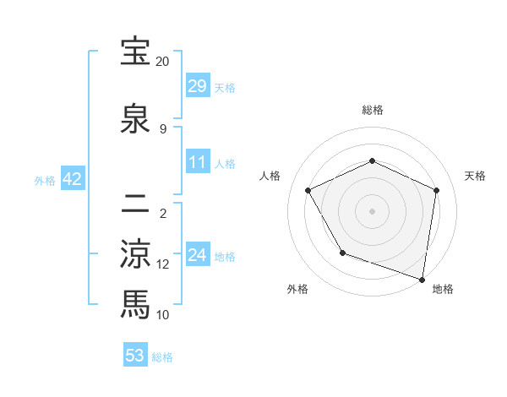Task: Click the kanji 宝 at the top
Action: point(135,52)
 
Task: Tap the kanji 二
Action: point(135,203)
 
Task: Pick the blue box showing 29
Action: point(198,86)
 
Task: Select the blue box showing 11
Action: point(198,162)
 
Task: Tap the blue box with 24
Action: point(198,255)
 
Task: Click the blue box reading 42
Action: point(73,179)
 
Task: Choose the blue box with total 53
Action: point(135,356)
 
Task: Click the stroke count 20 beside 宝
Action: point(162,62)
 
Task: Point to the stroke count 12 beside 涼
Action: point(163,264)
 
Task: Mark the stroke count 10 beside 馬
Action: point(163,314)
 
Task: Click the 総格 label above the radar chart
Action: point(373,110)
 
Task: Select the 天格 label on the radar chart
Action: point(475,176)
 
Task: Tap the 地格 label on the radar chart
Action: point(443,289)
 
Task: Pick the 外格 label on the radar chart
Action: point(297,289)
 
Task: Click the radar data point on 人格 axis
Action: point(308,191)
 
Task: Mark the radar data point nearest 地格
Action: point(422,279)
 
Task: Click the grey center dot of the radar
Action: point(373,210)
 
